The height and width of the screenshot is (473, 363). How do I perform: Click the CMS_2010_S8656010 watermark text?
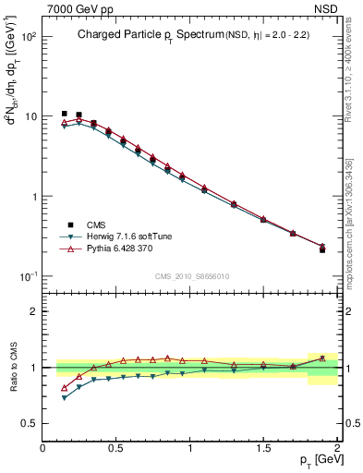[x=192, y=275]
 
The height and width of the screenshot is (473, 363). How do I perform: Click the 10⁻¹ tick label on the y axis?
[x=30, y=276]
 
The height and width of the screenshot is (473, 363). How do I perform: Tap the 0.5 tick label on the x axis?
[x=116, y=448]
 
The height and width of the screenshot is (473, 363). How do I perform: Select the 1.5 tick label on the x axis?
[x=263, y=448]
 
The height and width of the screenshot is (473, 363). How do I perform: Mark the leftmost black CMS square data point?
[x=64, y=114]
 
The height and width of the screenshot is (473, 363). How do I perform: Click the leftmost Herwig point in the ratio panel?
[x=64, y=397]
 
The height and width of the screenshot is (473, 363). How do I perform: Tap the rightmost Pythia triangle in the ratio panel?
[x=322, y=358]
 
